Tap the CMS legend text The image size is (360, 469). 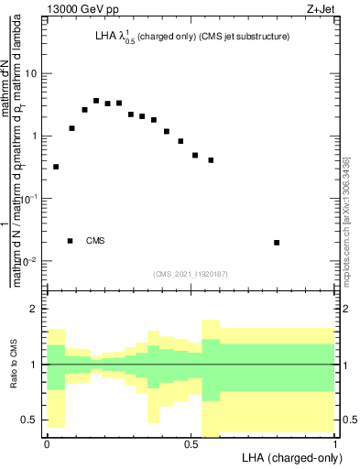(x=95, y=241)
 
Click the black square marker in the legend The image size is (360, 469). (x=71, y=240)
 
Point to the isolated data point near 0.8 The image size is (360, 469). (x=277, y=243)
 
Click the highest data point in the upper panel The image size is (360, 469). (x=96, y=101)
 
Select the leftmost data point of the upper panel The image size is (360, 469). (x=57, y=167)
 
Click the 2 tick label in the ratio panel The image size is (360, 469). (x=34, y=310)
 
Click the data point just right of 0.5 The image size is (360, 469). (x=195, y=156)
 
